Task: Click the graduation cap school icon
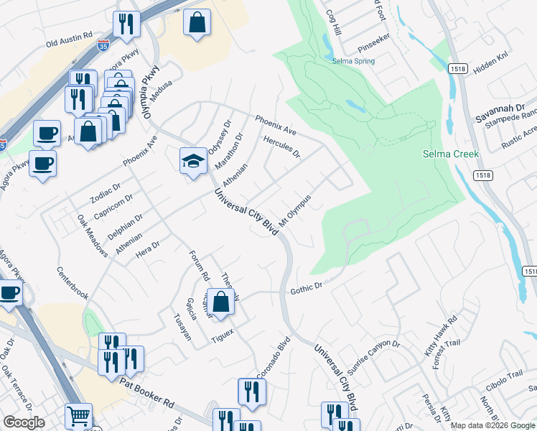tap(192, 160)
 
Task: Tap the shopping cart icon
tap(78, 414)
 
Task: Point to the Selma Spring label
tap(353, 61)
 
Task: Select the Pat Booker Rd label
tap(147, 392)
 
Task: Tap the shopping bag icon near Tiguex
tap(221, 302)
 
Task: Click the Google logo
tap(24, 422)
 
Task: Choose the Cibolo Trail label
tap(505, 375)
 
